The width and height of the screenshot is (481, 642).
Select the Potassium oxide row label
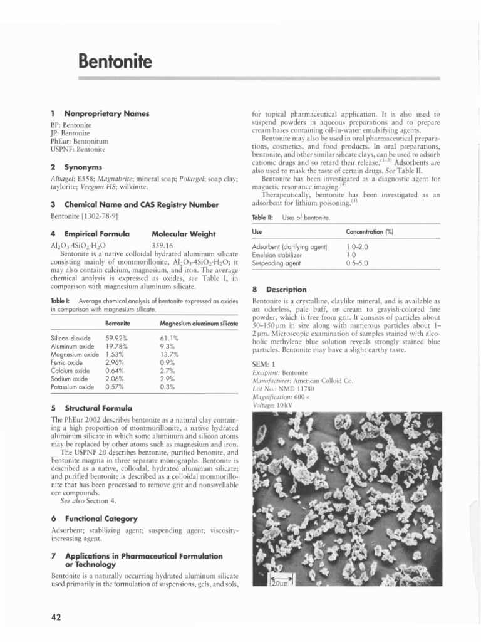(x=72, y=387)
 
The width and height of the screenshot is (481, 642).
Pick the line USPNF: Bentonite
(x=78, y=150)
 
